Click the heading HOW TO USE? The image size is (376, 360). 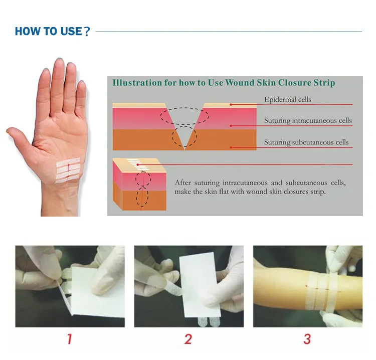(52, 31)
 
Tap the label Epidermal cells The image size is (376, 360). (288, 100)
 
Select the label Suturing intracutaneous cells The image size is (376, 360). (308, 120)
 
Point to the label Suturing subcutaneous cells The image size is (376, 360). (306, 142)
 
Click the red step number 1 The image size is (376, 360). (69, 339)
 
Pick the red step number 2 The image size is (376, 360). (188, 339)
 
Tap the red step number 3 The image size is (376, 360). (307, 339)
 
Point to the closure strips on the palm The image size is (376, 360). (68, 170)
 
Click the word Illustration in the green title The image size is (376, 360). (137, 83)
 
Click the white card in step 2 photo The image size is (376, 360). (200, 285)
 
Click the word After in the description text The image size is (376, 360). (182, 183)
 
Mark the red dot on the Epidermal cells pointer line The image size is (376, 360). (231, 105)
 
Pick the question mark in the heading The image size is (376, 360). (87, 32)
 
